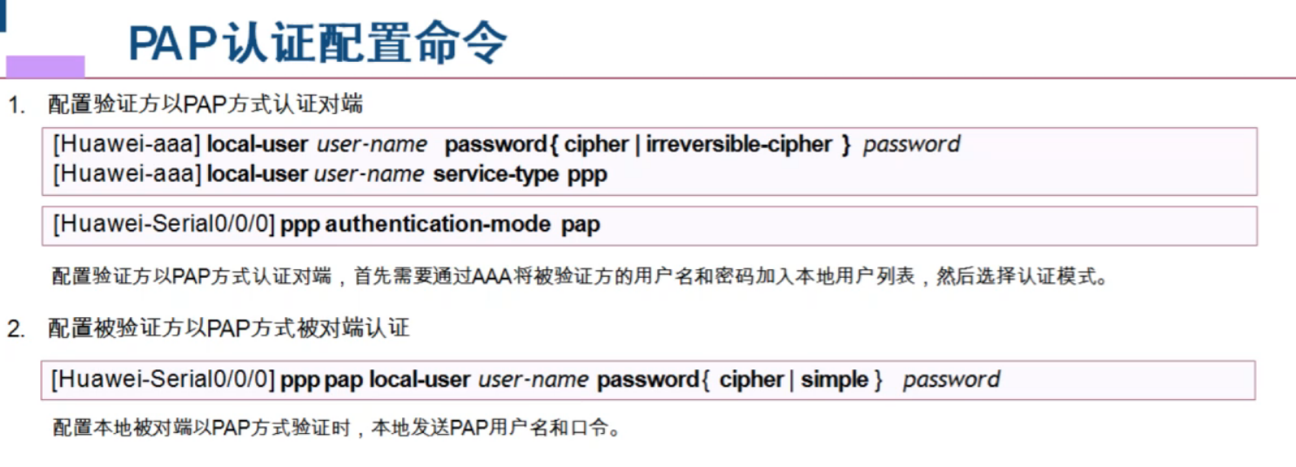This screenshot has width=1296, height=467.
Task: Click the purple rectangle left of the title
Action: (x=45, y=66)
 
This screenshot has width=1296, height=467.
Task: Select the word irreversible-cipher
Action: (x=739, y=144)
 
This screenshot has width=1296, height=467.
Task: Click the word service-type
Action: (x=496, y=174)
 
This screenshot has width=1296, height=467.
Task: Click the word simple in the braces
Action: (x=835, y=380)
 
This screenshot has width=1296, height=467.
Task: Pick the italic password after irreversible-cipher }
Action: (x=911, y=144)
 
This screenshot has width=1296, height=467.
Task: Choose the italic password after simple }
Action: (x=951, y=380)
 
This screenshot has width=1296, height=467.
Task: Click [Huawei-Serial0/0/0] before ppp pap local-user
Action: (x=163, y=380)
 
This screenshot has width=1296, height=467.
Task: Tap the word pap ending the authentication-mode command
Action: (x=581, y=225)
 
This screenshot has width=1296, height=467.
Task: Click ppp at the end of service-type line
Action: (x=588, y=174)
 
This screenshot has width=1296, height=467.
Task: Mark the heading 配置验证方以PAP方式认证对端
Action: (x=205, y=106)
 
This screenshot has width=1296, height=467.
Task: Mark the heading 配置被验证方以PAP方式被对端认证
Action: (x=228, y=329)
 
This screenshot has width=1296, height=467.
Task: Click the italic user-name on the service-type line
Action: (x=369, y=174)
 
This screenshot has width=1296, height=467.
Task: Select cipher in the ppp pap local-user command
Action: (x=752, y=380)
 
